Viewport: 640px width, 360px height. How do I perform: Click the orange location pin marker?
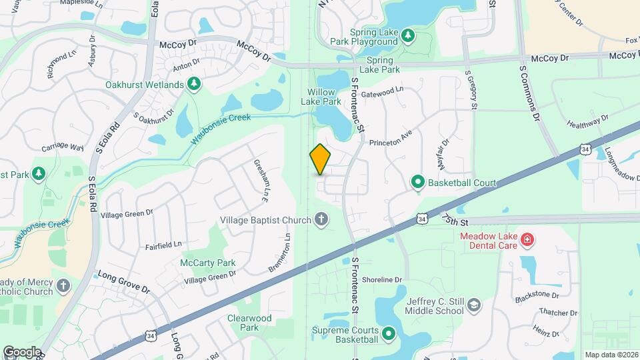click(320, 159)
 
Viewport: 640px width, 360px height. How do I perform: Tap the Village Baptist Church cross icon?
click(321, 219)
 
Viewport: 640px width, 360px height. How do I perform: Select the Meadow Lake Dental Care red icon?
click(527, 239)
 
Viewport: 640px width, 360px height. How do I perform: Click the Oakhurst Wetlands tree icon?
click(193, 84)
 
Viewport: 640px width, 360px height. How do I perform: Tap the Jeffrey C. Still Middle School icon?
click(473, 305)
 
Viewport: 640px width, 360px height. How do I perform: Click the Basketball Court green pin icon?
click(417, 181)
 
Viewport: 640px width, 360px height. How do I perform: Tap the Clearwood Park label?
click(249, 323)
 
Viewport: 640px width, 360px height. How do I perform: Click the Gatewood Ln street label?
click(382, 93)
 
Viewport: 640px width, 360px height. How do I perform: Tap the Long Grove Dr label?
click(124, 281)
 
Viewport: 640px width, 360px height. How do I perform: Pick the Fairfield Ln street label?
click(163, 245)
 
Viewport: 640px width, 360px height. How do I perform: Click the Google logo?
click(23, 351)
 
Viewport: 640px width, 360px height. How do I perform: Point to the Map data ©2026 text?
click(611, 355)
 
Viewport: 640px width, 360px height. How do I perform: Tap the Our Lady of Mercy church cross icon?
click(63, 285)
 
